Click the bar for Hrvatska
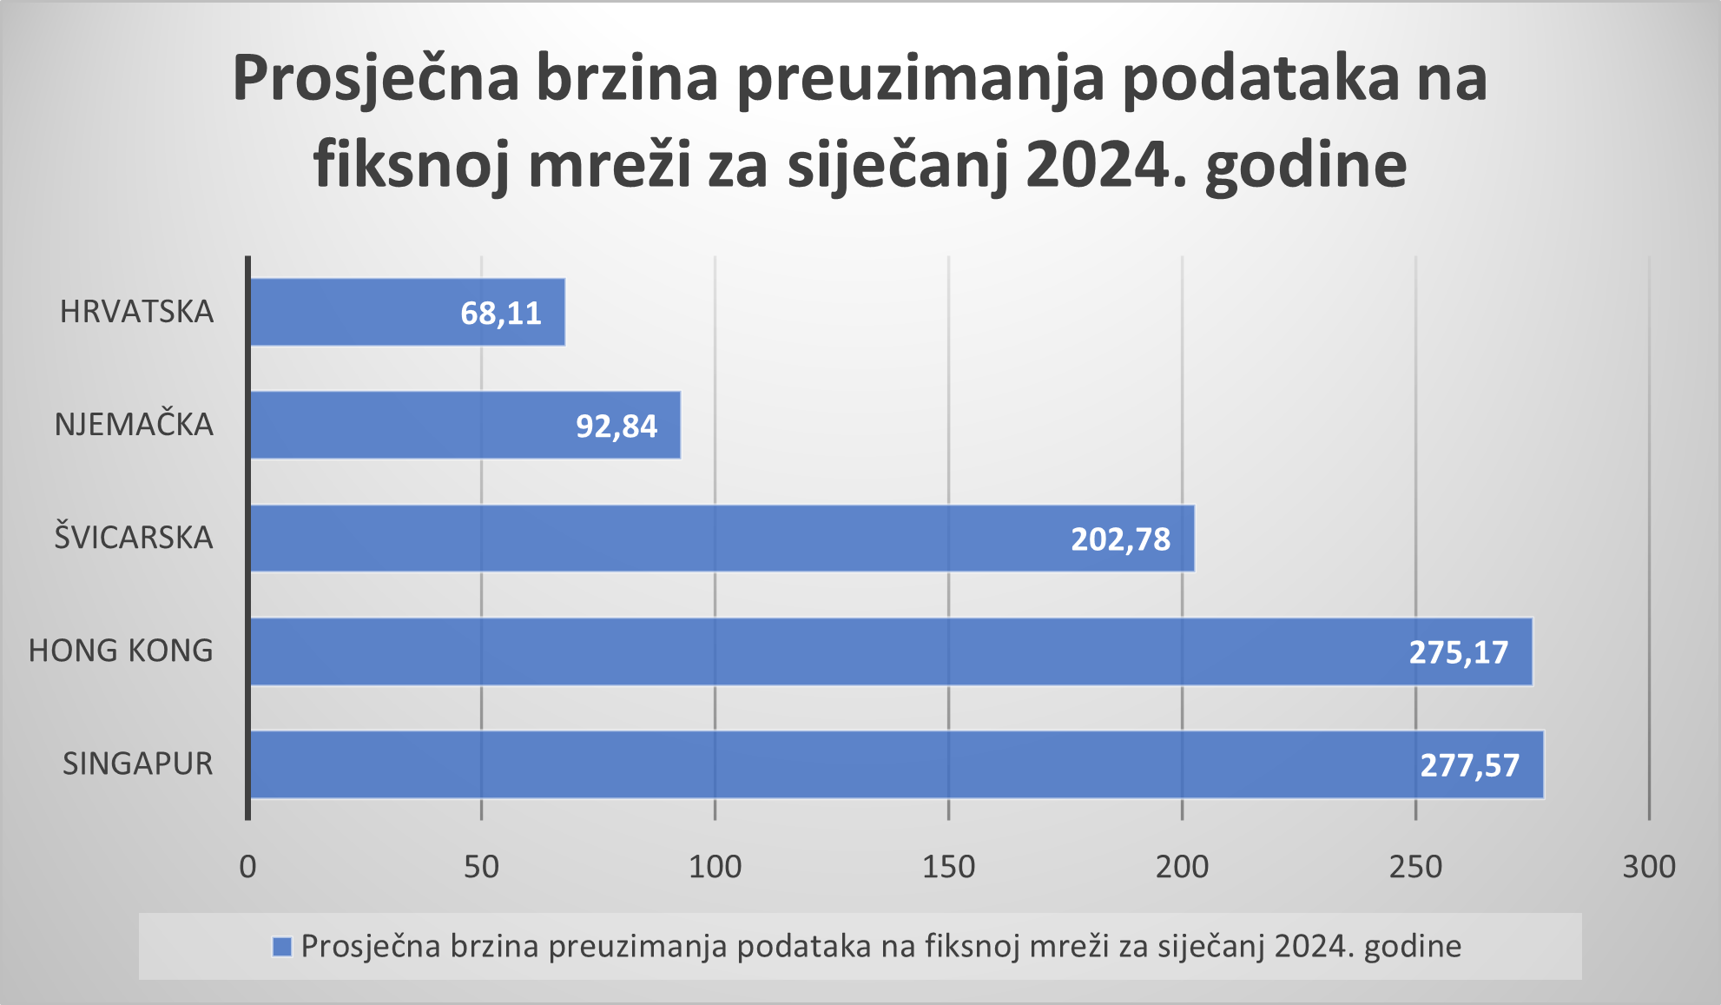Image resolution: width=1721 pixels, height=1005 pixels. pyautogui.click(x=365, y=312)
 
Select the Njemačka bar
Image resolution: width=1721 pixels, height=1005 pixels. pyautogui.click(x=417, y=425)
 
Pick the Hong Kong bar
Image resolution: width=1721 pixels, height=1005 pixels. pyautogui.click(x=825, y=651)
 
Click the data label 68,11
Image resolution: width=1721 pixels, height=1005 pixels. pyautogui.click(x=501, y=313)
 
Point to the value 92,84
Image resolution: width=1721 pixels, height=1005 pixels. pyautogui.click(x=617, y=426)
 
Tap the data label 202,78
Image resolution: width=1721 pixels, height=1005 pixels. pyautogui.click(x=1120, y=539)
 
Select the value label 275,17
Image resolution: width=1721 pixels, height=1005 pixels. pyautogui.click(x=1459, y=652)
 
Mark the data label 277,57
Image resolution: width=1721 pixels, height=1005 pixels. pyautogui.click(x=1470, y=765)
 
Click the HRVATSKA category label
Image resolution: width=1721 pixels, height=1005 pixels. pyautogui.click(x=136, y=312)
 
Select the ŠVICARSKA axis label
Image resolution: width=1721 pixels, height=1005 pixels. pyautogui.click(x=134, y=538)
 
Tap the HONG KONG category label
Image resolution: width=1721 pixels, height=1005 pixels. pyautogui.click(x=121, y=651)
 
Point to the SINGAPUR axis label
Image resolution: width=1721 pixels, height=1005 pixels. pyautogui.click(x=137, y=764)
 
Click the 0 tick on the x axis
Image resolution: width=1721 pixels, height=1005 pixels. pyautogui.click(x=248, y=867)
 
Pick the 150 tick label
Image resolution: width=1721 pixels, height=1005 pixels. pyautogui.click(x=948, y=867)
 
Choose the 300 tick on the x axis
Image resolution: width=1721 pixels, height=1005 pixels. pyautogui.click(x=1649, y=867)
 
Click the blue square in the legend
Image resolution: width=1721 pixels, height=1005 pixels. pyautogui.click(x=282, y=946)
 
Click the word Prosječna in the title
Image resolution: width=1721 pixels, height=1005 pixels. pyautogui.click(x=376, y=78)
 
